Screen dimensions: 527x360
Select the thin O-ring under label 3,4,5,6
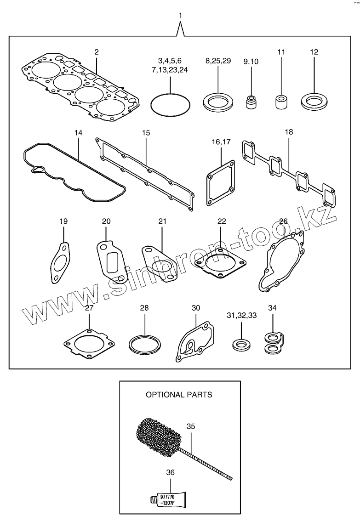pos(170,95)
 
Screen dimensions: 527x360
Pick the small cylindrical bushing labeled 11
pos(281,102)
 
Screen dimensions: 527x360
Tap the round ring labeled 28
pos(144,343)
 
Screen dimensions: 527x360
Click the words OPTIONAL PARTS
pos(179,394)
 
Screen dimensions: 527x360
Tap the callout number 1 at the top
pos(180,16)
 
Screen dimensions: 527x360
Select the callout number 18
pos(288,132)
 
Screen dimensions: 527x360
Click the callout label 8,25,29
pos(218,61)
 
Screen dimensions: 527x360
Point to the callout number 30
pos(196,308)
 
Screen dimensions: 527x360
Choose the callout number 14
pos(78,133)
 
